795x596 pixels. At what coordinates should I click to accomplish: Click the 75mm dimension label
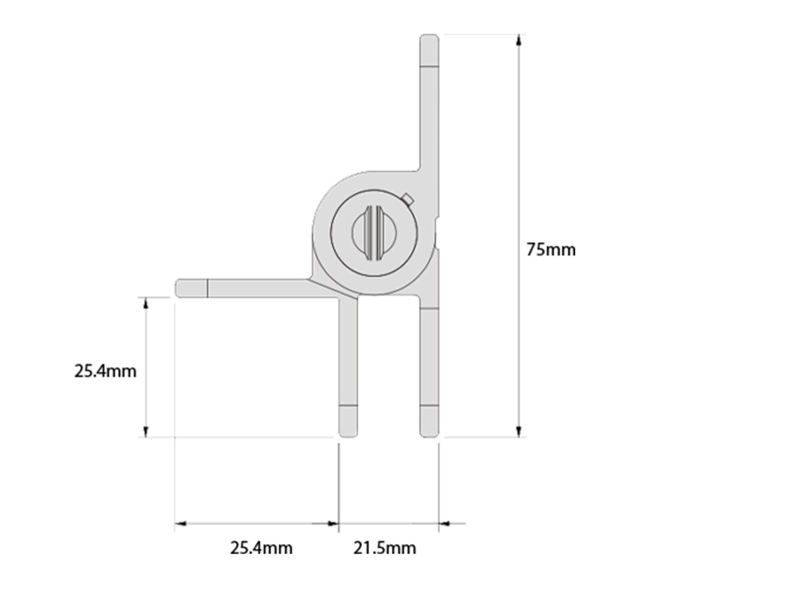click(551, 249)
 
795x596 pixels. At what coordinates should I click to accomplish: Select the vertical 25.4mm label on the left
click(105, 371)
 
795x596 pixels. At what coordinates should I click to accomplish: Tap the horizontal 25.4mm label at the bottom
click(261, 547)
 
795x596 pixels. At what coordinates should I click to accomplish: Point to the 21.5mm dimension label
click(385, 547)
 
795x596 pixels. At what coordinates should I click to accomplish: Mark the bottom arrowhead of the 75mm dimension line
click(518, 431)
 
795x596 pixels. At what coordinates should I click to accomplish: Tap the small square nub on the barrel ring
click(408, 199)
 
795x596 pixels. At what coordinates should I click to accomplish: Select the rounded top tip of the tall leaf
click(429, 39)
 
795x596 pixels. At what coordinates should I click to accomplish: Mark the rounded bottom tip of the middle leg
click(348, 432)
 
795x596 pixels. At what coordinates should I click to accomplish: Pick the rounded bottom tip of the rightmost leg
click(429, 432)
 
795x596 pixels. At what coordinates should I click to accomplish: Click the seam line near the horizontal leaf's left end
click(208, 288)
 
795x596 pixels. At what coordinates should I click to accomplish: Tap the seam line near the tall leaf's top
click(429, 66)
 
